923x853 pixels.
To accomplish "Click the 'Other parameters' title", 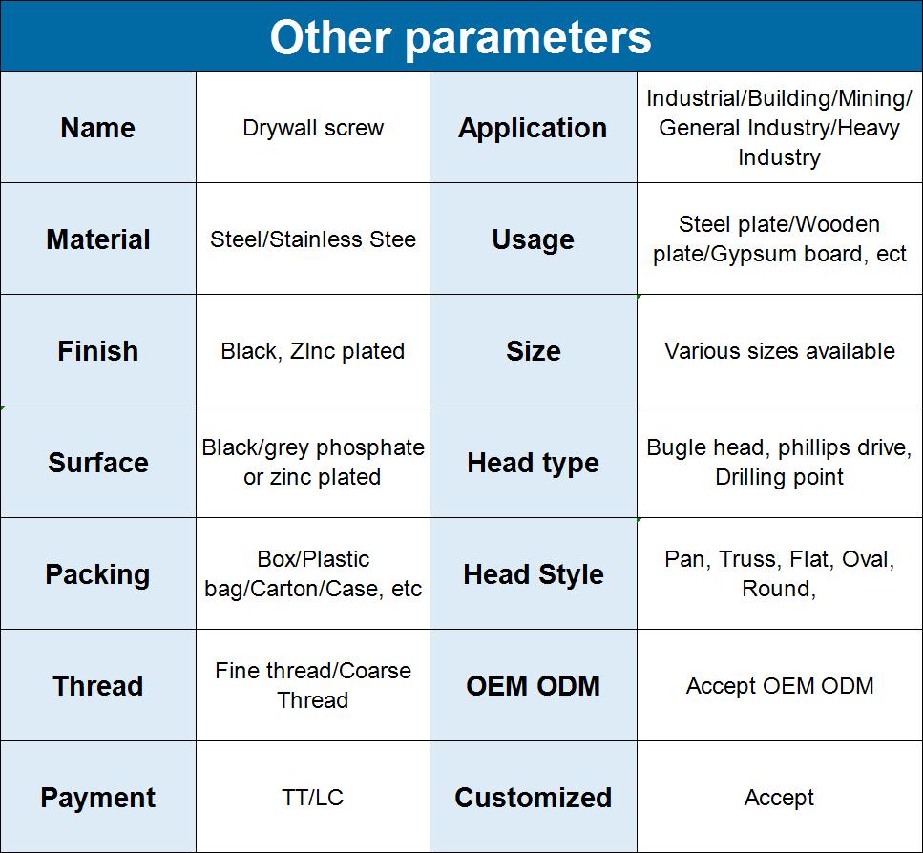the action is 460,37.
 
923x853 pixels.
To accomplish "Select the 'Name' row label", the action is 97,128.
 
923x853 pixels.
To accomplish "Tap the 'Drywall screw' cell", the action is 313,128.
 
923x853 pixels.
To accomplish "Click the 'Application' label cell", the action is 533,128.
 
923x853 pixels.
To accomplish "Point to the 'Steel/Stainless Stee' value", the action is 313,239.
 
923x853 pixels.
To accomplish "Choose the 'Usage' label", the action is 533,239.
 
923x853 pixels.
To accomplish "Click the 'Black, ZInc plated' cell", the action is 313,351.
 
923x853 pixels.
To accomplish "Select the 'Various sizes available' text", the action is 780,351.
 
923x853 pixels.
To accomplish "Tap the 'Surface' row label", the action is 97,463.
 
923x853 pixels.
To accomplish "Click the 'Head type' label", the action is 533,463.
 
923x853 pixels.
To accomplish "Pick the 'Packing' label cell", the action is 97,574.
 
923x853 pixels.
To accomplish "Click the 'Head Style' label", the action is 533,574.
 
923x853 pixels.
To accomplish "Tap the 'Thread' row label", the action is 97,686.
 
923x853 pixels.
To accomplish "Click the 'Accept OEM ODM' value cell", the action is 780,686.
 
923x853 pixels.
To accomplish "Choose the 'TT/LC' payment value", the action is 312,798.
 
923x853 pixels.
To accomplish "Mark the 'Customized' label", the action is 533,798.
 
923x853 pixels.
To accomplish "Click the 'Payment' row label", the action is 97,798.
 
